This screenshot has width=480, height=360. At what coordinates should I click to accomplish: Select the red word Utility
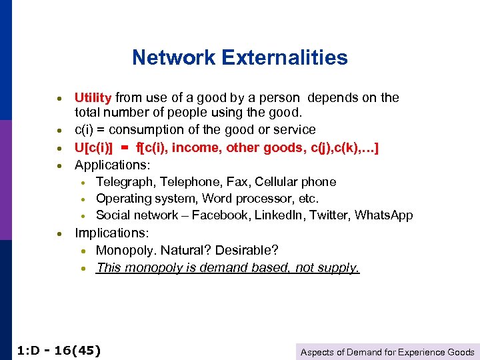tap(93, 98)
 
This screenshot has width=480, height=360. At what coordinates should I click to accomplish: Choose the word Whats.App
tap(384, 215)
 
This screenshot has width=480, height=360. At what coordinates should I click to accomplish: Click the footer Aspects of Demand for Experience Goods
tap(387, 352)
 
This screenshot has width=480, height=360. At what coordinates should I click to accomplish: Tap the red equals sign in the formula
tap(124, 147)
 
